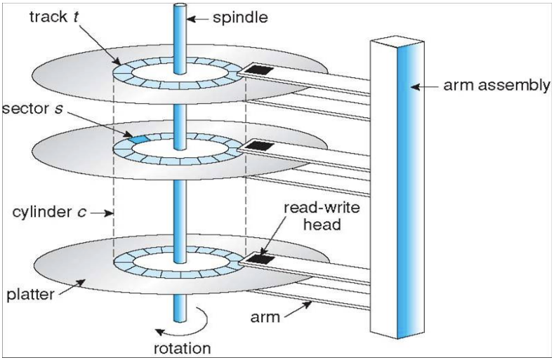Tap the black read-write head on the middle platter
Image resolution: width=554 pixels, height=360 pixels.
pyautogui.click(x=261, y=146)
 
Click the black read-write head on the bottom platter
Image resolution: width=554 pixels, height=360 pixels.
pyautogui.click(x=261, y=259)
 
